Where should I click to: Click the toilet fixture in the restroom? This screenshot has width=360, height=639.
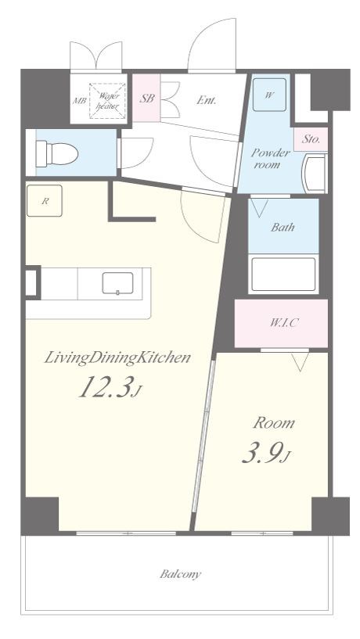[56, 153]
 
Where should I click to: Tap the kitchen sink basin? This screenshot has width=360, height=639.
[117, 283]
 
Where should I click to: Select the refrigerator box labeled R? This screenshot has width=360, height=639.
[45, 200]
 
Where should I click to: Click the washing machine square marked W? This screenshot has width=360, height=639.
[269, 95]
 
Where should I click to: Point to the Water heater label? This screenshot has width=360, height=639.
[108, 101]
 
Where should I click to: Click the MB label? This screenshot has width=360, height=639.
[79, 101]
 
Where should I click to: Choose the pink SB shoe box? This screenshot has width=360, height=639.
[146, 98]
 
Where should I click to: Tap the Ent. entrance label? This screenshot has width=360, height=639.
[206, 100]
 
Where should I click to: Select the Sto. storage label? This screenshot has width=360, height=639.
[311, 139]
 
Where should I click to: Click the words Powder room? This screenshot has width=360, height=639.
[270, 159]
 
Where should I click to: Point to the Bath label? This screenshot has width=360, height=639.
[283, 227]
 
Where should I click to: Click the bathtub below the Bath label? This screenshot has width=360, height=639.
[283, 275]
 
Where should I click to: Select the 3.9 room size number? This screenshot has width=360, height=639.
[266, 454]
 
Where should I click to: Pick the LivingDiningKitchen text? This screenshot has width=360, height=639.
[117, 358]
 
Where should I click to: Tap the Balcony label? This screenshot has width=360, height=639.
[180, 574]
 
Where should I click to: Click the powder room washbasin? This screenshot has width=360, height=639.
[314, 173]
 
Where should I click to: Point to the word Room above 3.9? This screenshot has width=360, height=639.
[274, 423]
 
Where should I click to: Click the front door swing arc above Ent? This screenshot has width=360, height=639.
[203, 34]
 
